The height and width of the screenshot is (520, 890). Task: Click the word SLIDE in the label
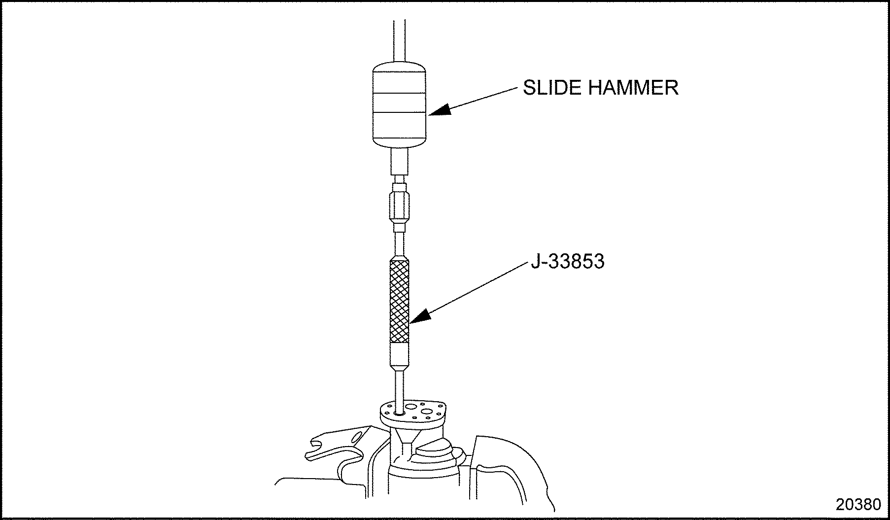[551, 88]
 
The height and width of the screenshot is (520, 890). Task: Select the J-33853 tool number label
[567, 261]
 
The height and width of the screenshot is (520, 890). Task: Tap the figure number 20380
[858, 504]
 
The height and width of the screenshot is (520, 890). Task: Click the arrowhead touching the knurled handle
[420, 315]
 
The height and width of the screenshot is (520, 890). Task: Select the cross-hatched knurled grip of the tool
[399, 302]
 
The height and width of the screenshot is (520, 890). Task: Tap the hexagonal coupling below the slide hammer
[399, 207]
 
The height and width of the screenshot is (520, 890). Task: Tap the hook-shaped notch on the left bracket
[315, 451]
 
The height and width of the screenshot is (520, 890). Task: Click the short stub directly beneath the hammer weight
[399, 162]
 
